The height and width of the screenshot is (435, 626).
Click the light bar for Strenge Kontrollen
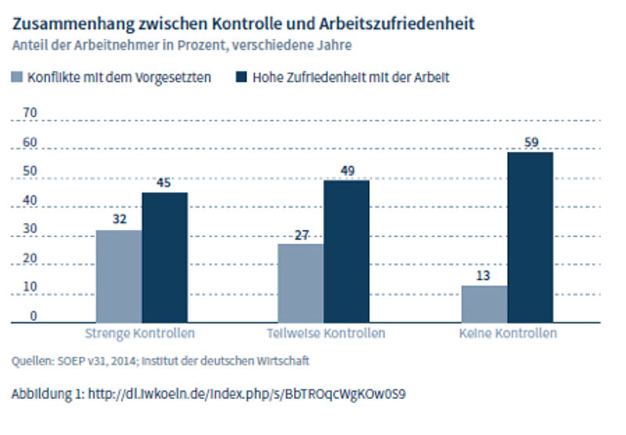(119, 276)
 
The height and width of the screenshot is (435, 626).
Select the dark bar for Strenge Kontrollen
(164, 257)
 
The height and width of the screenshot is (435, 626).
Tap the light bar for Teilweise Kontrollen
(300, 283)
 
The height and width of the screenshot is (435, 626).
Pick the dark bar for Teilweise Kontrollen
(347, 251)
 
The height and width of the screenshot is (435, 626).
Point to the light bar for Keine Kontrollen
(484, 304)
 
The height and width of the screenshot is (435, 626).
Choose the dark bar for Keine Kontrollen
(530, 237)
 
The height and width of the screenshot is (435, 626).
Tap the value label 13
(484, 277)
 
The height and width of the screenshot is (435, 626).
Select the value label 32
(119, 221)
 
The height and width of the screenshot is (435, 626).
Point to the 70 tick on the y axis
(31, 113)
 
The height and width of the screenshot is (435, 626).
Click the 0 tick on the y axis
(34, 316)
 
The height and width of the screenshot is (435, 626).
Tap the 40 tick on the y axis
(31, 200)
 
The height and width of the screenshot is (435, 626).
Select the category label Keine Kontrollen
(508, 333)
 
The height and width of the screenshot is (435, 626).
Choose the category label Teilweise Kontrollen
(325, 333)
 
